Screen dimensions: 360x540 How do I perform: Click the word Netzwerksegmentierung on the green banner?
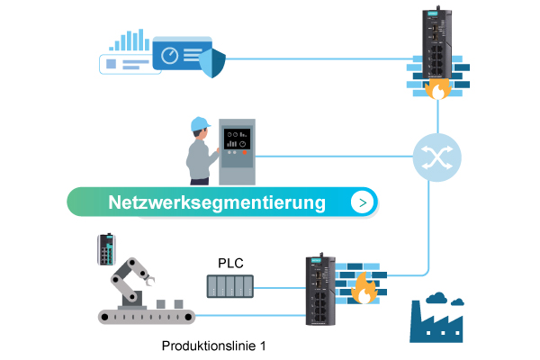coord(216,202)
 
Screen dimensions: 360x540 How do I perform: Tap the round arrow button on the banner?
coord(362,202)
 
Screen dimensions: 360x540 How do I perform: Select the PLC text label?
coord(231,263)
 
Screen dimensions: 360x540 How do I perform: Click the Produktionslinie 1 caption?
coord(214,345)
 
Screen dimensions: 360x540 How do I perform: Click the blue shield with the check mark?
coord(211,64)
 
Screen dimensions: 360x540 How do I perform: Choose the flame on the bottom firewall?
coord(364,290)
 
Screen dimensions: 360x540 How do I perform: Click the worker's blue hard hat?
coord(200,121)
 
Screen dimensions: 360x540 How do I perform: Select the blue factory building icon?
coord(441,325)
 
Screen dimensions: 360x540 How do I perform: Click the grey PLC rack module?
coord(231,286)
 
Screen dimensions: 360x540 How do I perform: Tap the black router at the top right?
coord(436,45)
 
